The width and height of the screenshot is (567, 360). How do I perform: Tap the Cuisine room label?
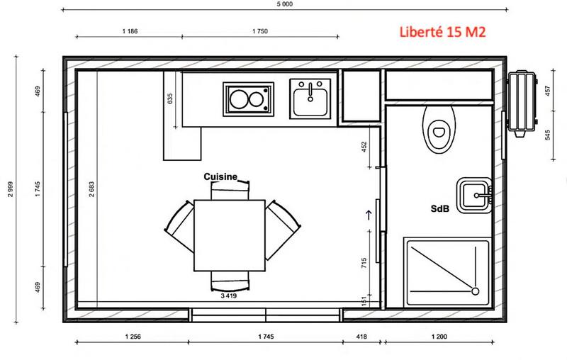tap(220, 176)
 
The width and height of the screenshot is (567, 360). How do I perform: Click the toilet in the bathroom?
tap(439, 128)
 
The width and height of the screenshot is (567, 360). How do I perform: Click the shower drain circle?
tap(474, 291)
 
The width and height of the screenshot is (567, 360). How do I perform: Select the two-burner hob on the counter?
tap(247, 99)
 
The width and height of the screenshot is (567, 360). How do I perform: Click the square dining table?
tap(230, 235)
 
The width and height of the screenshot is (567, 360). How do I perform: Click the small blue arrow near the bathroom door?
tap(368, 213)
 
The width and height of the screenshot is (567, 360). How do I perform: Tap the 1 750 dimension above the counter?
tap(261, 31)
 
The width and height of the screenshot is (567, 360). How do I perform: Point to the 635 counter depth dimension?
tap(170, 99)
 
